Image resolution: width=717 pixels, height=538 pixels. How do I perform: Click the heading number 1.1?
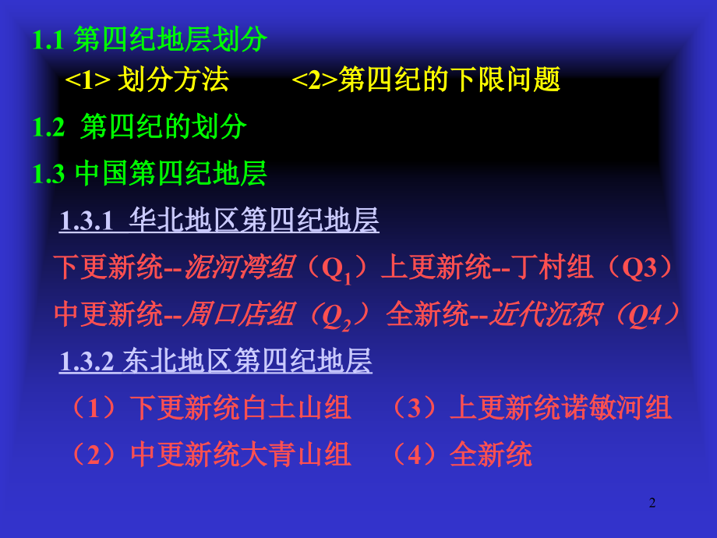tap(48, 41)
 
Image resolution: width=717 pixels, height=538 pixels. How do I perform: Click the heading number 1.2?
tap(48, 128)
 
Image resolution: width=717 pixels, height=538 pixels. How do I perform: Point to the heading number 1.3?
tap(48, 174)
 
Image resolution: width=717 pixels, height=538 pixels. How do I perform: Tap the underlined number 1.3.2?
tap(87, 361)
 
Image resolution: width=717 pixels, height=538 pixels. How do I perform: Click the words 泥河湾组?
tap(238, 268)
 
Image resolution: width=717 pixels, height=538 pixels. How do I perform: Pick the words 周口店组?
tap(238, 314)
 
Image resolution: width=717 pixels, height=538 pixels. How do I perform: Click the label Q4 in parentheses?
tap(644, 314)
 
